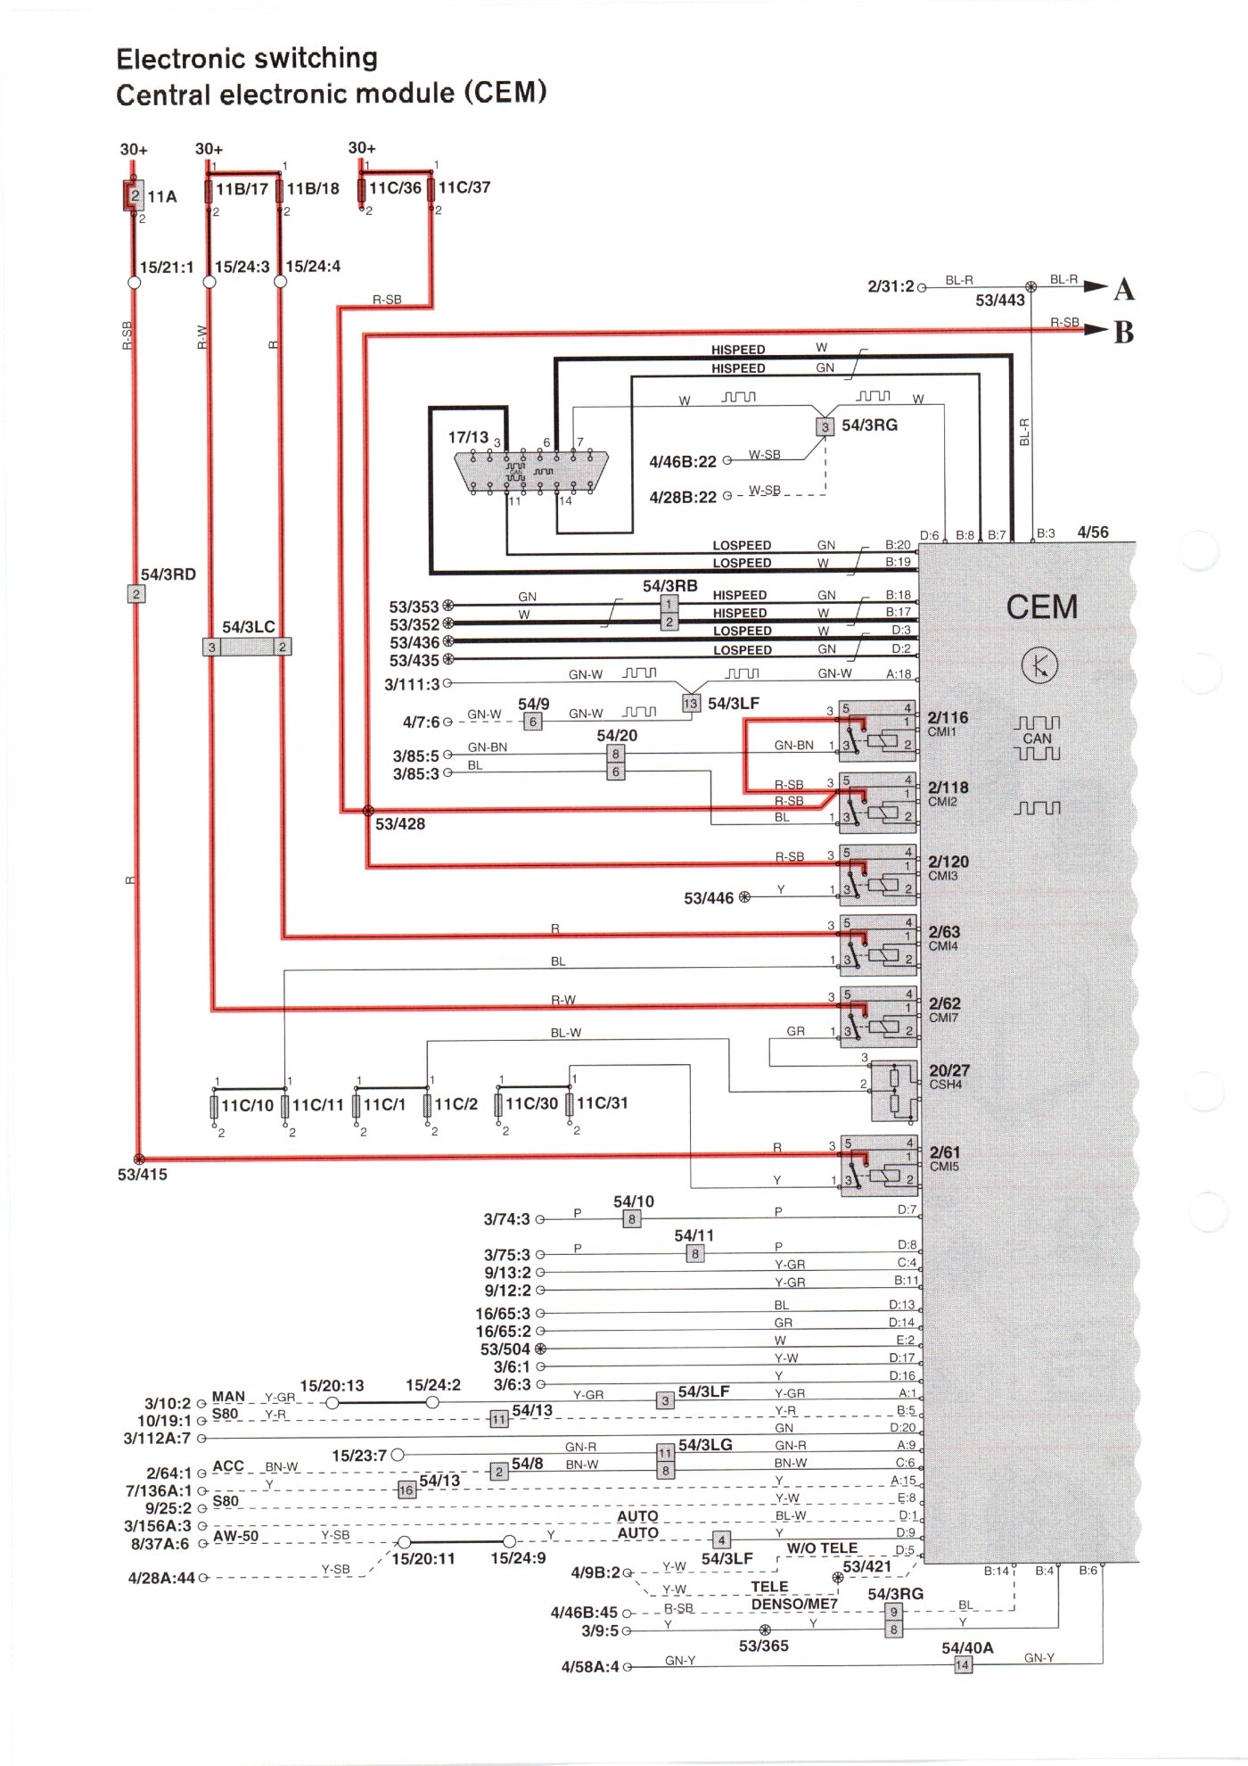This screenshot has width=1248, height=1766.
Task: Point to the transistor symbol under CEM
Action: click(x=1039, y=665)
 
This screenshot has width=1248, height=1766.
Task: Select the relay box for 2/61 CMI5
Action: click(x=878, y=1166)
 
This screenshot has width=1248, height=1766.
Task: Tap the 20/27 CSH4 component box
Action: click(x=894, y=1092)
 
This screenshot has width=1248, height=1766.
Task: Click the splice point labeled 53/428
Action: click(x=368, y=811)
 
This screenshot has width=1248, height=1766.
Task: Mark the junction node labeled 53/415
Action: click(x=138, y=1159)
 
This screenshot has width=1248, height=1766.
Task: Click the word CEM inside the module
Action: click(x=1042, y=607)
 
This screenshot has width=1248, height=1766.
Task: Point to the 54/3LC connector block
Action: click(x=247, y=647)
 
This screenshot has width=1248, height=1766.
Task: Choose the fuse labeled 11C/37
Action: click(x=431, y=189)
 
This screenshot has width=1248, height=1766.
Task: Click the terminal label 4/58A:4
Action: click(x=589, y=1667)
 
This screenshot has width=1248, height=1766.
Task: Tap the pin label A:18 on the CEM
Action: click(x=899, y=674)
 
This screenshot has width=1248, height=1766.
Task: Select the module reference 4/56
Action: click(x=1093, y=532)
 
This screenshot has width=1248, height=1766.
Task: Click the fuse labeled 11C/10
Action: click(x=215, y=1106)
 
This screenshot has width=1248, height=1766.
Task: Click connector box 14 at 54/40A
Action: click(x=963, y=1665)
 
